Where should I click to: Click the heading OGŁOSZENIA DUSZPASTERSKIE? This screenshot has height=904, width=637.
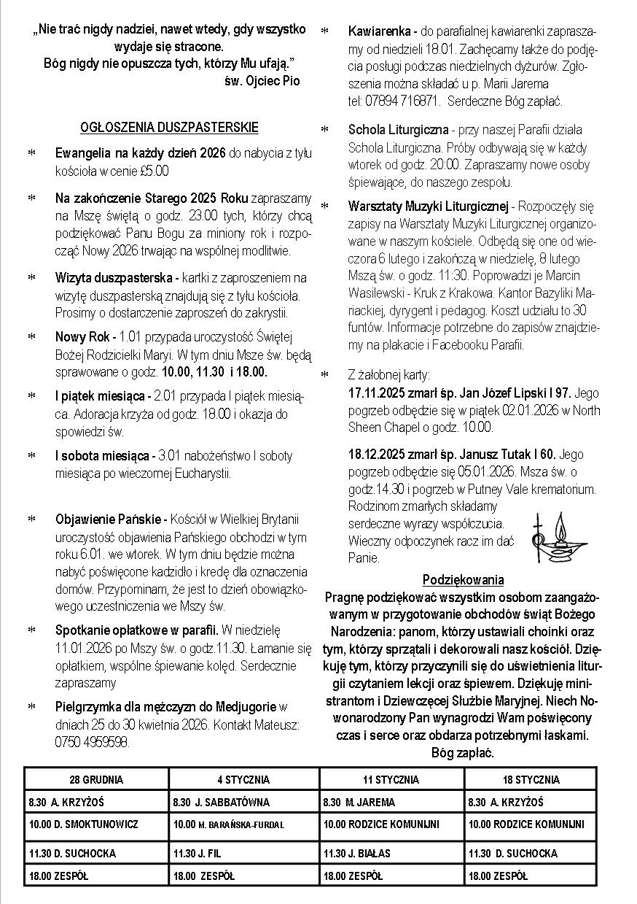click(169, 128)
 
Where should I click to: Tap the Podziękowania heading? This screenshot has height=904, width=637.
click(463, 580)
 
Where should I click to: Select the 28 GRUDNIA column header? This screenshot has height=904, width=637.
click(96, 779)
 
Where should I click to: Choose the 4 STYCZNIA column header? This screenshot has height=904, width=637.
click(243, 779)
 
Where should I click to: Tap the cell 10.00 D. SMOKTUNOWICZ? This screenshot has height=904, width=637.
click(83, 824)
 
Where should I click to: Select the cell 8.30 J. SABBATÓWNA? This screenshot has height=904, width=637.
click(222, 802)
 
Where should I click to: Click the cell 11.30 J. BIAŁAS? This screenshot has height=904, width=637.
click(357, 853)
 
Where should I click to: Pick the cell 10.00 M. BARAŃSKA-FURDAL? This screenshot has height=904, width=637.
click(229, 825)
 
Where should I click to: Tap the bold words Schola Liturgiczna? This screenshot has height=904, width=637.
click(398, 130)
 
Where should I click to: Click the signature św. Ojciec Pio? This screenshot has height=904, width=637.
click(262, 80)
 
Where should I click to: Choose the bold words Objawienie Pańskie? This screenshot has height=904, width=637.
click(110, 519)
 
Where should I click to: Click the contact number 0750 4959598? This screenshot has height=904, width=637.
click(92, 742)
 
